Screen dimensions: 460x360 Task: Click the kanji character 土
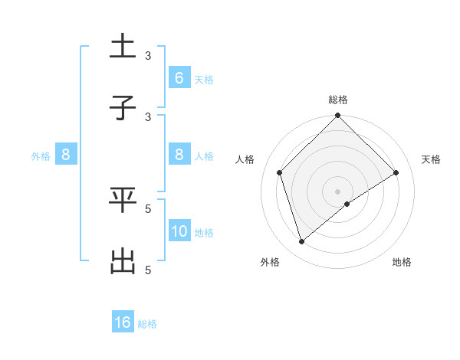[123, 47]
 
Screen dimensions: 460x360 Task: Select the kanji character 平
[123, 200]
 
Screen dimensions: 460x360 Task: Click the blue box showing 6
[179, 77]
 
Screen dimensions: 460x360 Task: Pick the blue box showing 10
[179, 231]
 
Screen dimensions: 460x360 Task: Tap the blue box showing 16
[123, 322]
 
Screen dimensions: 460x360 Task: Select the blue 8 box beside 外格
[66, 155]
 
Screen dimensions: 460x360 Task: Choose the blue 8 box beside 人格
[179, 155]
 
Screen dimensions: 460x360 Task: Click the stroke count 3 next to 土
[149, 55]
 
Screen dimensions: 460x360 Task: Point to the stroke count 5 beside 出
[149, 270]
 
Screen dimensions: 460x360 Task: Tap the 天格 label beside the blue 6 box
[203, 80]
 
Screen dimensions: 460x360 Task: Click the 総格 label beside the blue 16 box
[147, 324]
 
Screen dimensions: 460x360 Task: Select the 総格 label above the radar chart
[338, 100]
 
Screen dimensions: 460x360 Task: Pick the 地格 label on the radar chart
[402, 263]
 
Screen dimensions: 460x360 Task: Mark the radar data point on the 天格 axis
[396, 172]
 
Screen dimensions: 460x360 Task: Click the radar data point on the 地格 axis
[347, 204]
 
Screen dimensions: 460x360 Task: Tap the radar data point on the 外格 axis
[302, 242]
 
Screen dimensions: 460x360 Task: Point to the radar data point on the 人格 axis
[280, 172]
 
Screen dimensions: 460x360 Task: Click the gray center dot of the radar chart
[338, 191]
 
